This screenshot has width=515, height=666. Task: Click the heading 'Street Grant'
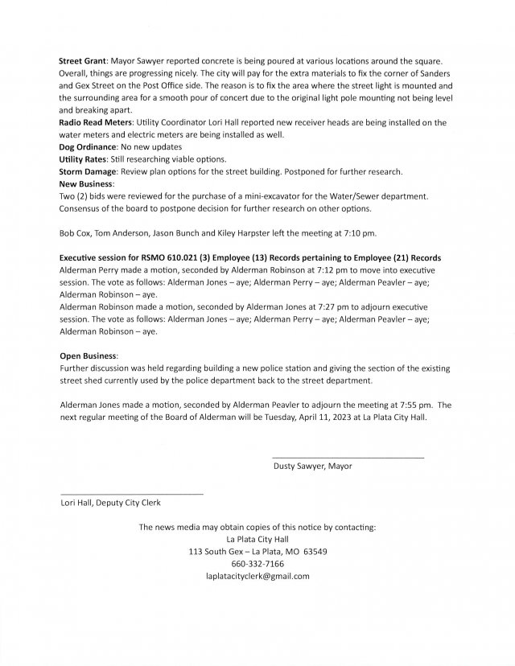point(83,62)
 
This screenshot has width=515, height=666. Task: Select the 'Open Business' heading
point(89,355)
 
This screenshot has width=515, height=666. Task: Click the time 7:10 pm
point(358,234)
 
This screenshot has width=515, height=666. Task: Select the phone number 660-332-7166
point(257,564)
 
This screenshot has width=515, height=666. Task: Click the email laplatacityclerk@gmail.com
point(257,577)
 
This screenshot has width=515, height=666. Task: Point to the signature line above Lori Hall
point(132,493)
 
